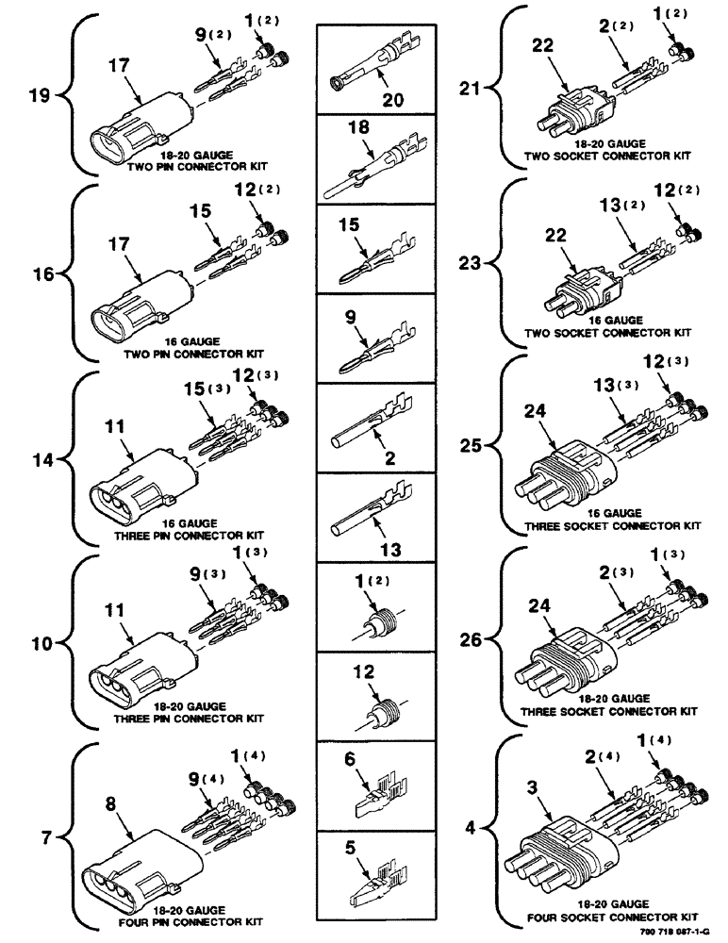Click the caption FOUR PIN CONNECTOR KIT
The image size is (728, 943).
click(x=200, y=921)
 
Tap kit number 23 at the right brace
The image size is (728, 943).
click(x=470, y=266)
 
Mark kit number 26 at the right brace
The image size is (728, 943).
click(x=470, y=639)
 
